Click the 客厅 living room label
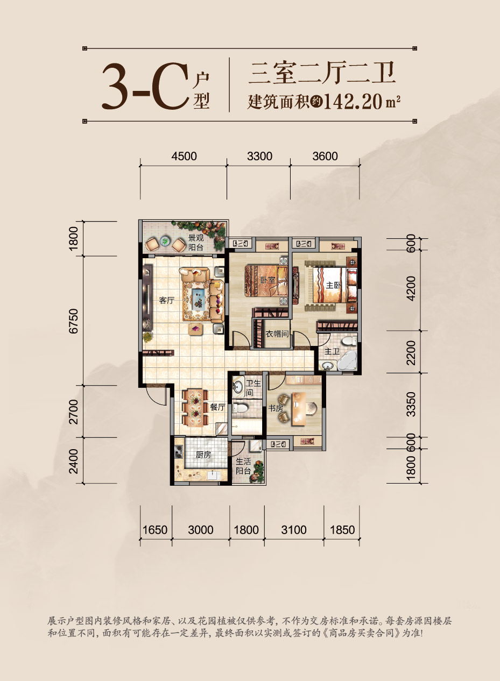coord(166,301)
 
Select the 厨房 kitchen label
coord(203,455)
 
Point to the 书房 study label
coord(276,409)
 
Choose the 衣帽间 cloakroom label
coord(278,334)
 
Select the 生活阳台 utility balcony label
coord(243,466)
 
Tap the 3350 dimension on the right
coord(412,405)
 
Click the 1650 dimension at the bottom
coord(156,530)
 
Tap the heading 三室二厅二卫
coord(322,73)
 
